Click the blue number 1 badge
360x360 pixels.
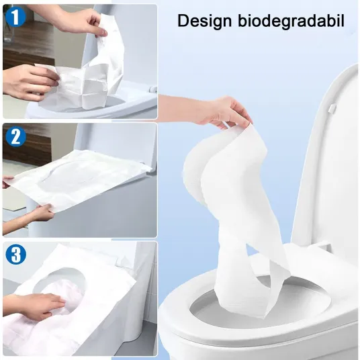click(x=15, y=17)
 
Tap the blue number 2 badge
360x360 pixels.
click(x=15, y=137)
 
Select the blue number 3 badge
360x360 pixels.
click(x=16, y=255)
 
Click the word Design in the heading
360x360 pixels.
click(x=205, y=21)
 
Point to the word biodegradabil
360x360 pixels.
click(x=291, y=21)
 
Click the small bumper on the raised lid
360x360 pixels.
click(x=331, y=109)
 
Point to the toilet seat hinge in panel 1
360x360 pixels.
click(x=153, y=89)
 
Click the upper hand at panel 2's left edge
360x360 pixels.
click(x=7, y=183)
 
